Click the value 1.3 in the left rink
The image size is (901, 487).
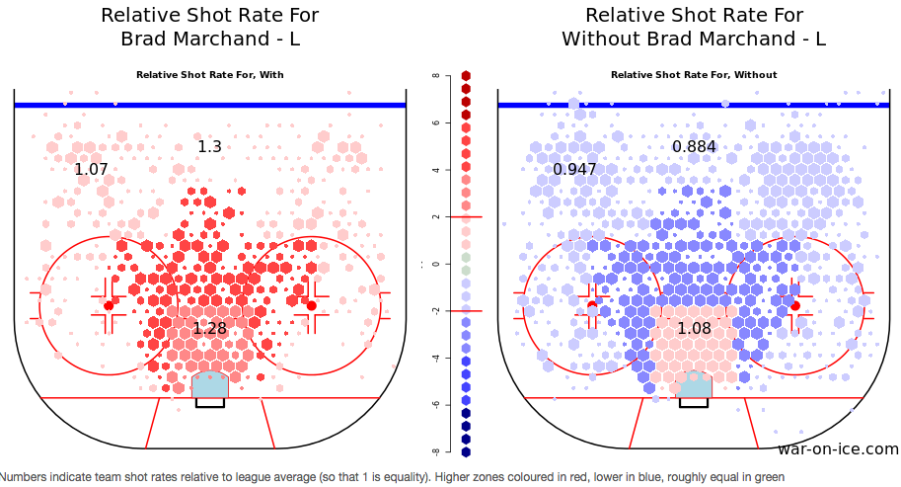pos(209,147)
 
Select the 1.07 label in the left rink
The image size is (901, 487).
pos(91,170)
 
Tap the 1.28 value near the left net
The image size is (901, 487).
pos(209,328)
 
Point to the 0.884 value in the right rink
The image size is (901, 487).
pos(694,147)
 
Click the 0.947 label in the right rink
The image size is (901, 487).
pos(574,170)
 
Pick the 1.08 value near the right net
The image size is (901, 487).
pos(694,328)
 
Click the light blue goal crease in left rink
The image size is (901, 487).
pos(210,385)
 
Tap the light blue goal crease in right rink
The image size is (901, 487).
pos(695,385)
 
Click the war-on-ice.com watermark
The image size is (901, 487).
pos(838,449)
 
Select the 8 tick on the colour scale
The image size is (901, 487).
pos(435,76)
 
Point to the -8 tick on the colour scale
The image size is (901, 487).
pos(434,451)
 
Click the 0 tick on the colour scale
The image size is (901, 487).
pos(435,264)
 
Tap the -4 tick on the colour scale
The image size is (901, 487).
pos(434,358)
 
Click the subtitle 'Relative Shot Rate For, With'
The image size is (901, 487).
pos(209,75)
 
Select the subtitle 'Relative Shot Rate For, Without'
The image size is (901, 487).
pos(694,75)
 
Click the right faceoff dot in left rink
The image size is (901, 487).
pos(311,306)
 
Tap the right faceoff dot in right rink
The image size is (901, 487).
pos(795,306)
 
